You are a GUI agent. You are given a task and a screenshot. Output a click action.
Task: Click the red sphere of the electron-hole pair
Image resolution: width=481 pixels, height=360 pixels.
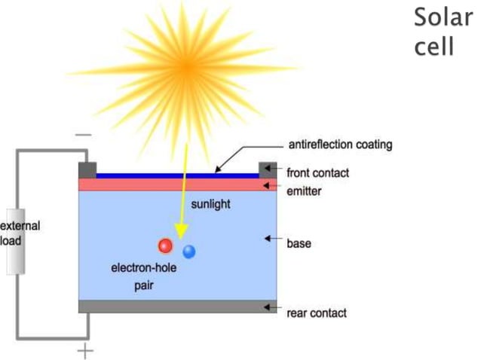[x=165, y=246]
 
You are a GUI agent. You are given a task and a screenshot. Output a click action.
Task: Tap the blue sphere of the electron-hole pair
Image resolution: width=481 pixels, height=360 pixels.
[x=188, y=252]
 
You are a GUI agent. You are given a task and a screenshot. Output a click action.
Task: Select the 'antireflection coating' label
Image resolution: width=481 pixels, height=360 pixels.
[x=341, y=145]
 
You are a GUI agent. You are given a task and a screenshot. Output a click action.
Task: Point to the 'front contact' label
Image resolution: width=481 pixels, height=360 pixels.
[x=318, y=173]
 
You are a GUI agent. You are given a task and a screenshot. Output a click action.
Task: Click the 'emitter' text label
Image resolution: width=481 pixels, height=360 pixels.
[x=305, y=191]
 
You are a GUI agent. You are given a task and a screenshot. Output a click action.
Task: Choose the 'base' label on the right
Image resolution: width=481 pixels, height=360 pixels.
[x=299, y=243]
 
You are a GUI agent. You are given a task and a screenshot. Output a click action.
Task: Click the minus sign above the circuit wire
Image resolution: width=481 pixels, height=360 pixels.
[x=84, y=136]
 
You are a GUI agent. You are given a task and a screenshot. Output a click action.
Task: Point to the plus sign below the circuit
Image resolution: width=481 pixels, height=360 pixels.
[x=87, y=350]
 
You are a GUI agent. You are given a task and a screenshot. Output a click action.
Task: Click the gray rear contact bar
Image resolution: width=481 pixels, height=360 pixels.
[x=178, y=307]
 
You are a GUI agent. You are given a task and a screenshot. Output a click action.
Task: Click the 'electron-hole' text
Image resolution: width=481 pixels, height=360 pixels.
[x=144, y=267]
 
